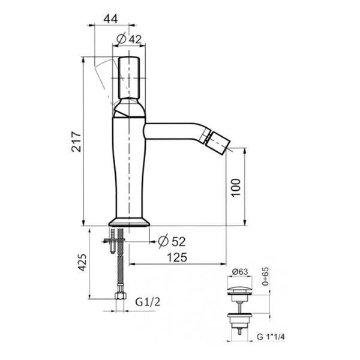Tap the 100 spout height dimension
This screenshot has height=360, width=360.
(x=236, y=187)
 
